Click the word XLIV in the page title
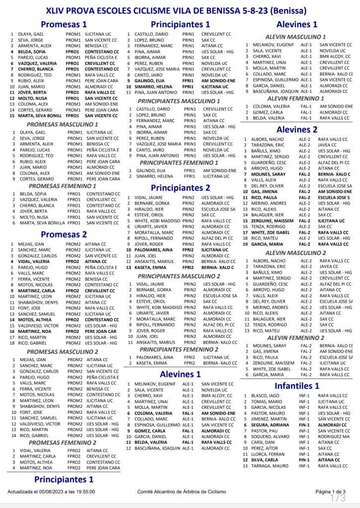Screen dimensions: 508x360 (56, 10)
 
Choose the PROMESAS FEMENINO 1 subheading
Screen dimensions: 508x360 (62, 186)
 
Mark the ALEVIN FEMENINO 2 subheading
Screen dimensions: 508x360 (296, 338)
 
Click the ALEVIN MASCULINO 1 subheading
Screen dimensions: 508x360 (295, 37)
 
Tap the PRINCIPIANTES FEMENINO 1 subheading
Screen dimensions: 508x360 (179, 162)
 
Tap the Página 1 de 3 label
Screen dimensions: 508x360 (330, 491)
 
